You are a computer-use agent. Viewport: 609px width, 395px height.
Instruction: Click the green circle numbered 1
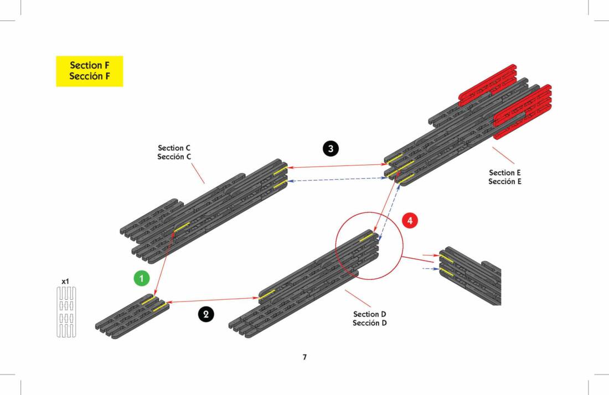click(x=142, y=278)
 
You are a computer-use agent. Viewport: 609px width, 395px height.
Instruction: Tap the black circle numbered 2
click(x=206, y=314)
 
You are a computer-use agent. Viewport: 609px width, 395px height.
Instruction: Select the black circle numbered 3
click(x=331, y=148)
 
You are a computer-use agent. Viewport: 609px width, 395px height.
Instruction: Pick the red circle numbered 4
click(x=410, y=220)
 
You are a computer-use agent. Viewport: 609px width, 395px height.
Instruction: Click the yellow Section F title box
click(x=89, y=71)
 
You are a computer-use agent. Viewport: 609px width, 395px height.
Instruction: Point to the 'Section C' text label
click(x=174, y=148)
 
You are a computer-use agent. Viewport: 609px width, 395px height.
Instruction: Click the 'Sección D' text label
click(x=369, y=323)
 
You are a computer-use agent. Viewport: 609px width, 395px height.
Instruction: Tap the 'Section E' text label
click(x=505, y=173)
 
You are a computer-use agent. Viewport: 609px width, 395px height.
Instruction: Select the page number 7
click(x=304, y=357)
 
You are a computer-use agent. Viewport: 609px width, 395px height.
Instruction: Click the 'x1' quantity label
click(x=65, y=282)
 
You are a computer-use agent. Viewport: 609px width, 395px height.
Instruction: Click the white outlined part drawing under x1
click(x=66, y=312)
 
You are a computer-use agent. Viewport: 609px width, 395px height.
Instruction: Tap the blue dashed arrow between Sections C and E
click(x=336, y=179)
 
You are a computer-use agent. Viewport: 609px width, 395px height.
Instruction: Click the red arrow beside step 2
click(x=213, y=300)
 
